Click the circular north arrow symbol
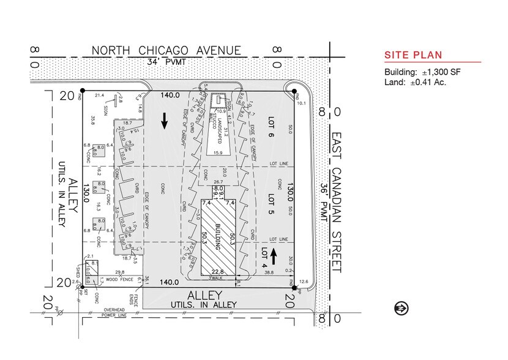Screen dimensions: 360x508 [x=402, y=307]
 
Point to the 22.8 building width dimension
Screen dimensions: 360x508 [x=217, y=272]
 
